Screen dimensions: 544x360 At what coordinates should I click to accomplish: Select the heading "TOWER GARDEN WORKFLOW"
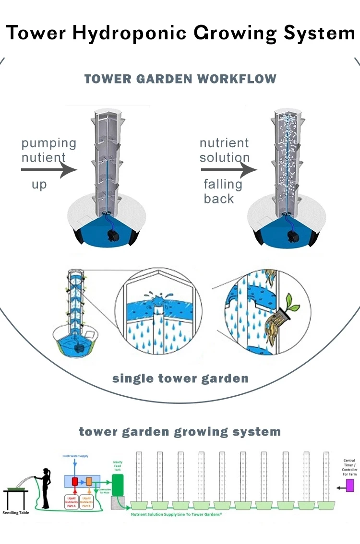[180, 79]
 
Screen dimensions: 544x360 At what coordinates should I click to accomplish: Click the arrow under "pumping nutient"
[48, 169]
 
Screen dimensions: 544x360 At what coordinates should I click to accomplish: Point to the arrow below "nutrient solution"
[228, 169]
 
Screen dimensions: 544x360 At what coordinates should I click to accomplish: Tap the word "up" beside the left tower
[39, 184]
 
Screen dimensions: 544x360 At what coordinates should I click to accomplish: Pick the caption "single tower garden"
[180, 378]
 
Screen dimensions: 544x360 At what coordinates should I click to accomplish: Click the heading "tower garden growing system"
[180, 431]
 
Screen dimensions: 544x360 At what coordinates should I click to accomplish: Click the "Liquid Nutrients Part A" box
[74, 502]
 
